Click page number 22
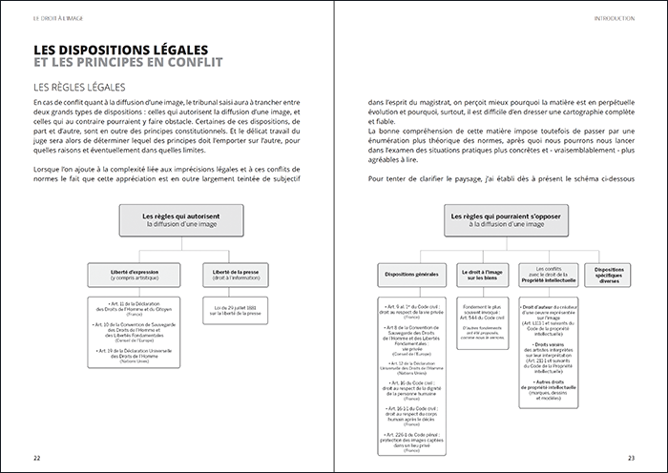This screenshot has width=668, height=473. coord(37,456)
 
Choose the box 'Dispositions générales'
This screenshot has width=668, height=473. coord(411,275)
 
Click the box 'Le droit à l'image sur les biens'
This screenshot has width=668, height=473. coord(482,275)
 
